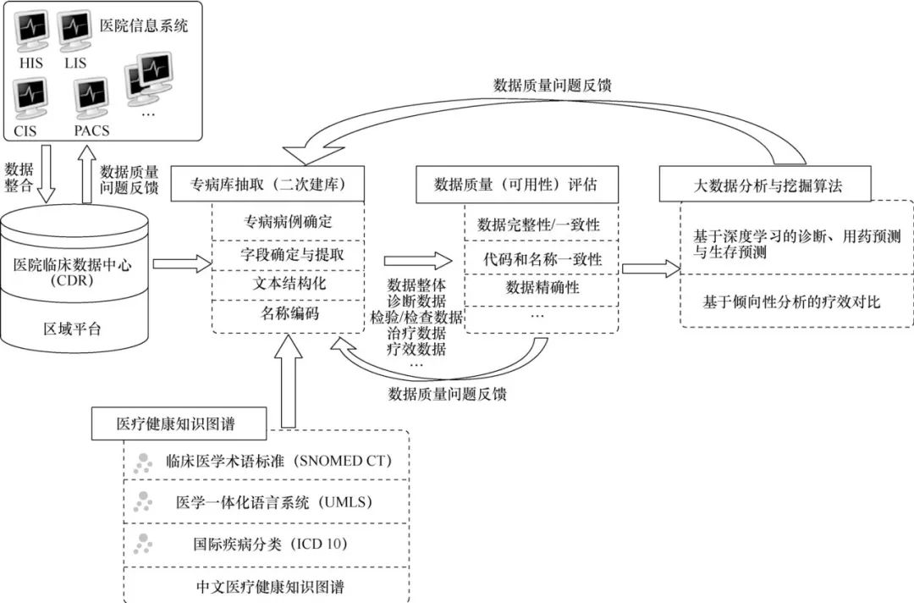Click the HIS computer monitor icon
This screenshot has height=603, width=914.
[x=31, y=32]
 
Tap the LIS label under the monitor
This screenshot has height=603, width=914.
[x=75, y=63]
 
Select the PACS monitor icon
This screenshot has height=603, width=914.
[x=91, y=98]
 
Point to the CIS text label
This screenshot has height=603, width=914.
[x=25, y=130]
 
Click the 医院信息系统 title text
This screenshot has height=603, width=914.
[x=144, y=25]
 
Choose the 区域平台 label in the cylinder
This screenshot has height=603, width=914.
[x=72, y=329]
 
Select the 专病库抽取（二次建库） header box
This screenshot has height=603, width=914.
[x=267, y=185]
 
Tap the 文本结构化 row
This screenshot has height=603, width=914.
[x=289, y=284]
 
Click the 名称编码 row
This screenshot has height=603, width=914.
[x=289, y=313]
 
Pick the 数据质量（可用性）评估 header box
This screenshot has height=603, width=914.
[x=516, y=185]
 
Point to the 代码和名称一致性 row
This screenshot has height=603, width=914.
[x=542, y=258]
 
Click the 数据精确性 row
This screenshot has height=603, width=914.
[x=542, y=287]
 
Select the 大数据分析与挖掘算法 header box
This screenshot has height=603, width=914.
[x=765, y=185]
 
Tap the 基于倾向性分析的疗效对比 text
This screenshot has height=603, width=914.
[x=791, y=301]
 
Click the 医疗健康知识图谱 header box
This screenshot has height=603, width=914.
[x=179, y=423]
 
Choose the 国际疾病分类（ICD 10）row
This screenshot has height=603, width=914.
[x=266, y=544]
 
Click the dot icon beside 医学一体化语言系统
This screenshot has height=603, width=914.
[x=143, y=501]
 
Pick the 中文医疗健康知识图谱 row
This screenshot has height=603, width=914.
[x=266, y=584]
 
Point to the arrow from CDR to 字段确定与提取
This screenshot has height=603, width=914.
[x=183, y=263]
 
